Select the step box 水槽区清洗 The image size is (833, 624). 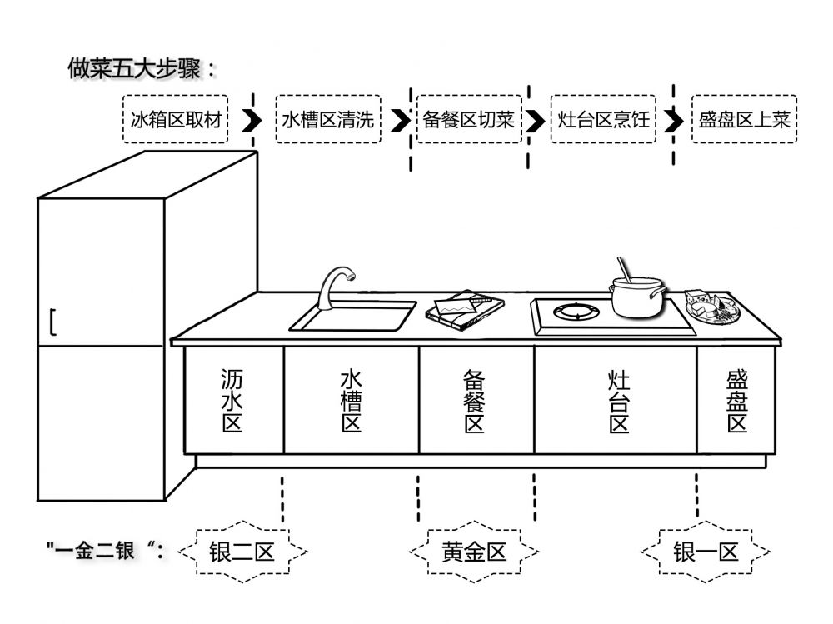327,120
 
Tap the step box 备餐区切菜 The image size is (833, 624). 468,120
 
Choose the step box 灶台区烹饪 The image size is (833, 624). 604,120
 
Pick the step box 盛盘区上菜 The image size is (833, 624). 744,120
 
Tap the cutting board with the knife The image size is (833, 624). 465,309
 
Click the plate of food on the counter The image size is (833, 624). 711,307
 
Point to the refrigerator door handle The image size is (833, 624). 52,322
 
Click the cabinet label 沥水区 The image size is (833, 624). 232,401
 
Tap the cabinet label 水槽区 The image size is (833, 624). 351,401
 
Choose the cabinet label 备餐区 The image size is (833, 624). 475,401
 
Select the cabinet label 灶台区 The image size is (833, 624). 618,401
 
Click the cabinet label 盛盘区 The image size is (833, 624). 737,401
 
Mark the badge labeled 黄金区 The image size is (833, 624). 474,552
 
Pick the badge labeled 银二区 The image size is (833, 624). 242,552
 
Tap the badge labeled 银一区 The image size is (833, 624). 706,552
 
